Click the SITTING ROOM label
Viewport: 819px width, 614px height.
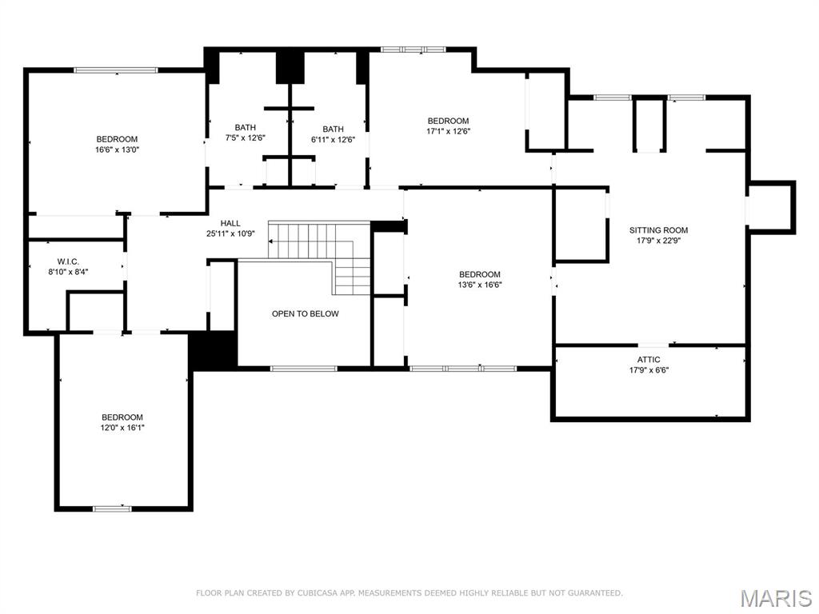(658, 230)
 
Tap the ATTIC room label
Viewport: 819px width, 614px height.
(649, 360)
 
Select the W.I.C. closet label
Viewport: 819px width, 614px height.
(68, 261)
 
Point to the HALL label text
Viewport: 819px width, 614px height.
(230, 224)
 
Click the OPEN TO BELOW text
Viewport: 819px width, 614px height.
(305, 313)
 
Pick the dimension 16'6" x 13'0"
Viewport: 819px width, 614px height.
(118, 150)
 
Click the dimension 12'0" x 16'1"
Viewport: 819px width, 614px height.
(122, 428)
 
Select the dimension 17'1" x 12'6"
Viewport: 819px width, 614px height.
(448, 132)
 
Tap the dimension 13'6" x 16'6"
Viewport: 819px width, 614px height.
(480, 285)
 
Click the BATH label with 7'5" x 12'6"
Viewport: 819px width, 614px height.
(245, 128)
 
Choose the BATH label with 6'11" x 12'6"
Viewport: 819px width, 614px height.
(333, 130)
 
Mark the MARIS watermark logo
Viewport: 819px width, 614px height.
(776, 598)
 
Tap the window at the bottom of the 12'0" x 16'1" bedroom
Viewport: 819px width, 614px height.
(112, 508)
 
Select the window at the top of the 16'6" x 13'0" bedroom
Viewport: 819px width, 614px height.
(116, 70)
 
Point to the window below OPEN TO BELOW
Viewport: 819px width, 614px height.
(303, 368)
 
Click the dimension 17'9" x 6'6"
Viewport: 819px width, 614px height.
(649, 370)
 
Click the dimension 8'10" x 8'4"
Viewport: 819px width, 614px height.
(68, 272)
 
